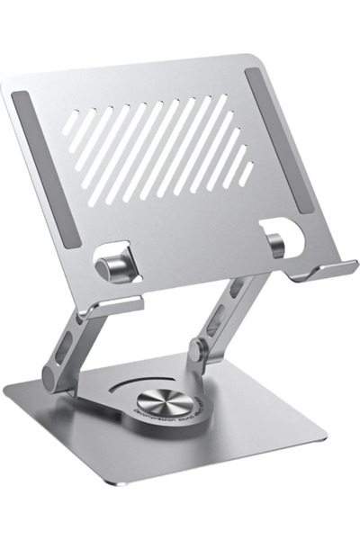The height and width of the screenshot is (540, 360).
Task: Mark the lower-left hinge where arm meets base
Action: (56, 373)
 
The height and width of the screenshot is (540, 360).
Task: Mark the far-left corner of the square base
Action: (7, 386)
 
